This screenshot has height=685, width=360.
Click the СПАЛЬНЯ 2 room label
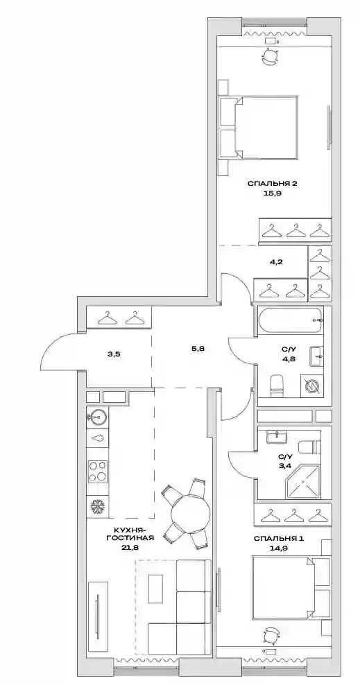[272, 184]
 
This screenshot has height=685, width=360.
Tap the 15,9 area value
[272, 193]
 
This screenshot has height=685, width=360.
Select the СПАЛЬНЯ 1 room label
[279, 538]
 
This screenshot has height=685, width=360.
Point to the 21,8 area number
[131, 546]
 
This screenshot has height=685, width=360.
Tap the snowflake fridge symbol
[96, 508]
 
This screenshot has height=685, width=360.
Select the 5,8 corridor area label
[198, 349]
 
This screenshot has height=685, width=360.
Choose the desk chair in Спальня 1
[271, 636]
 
